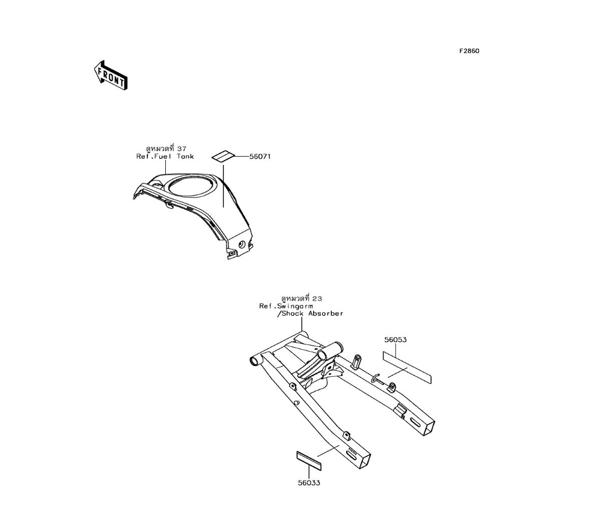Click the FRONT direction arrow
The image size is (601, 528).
click(x=111, y=75)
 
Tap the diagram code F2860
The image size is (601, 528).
click(x=469, y=51)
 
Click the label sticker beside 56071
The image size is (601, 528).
click(x=222, y=156)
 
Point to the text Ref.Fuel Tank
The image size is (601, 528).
click(x=165, y=157)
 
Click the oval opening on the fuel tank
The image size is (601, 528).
click(x=190, y=184)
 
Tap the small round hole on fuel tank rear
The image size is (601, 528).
click(x=242, y=245)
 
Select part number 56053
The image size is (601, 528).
click(x=395, y=340)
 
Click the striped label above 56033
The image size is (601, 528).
click(x=309, y=459)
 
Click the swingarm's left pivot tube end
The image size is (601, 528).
click(x=254, y=361)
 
